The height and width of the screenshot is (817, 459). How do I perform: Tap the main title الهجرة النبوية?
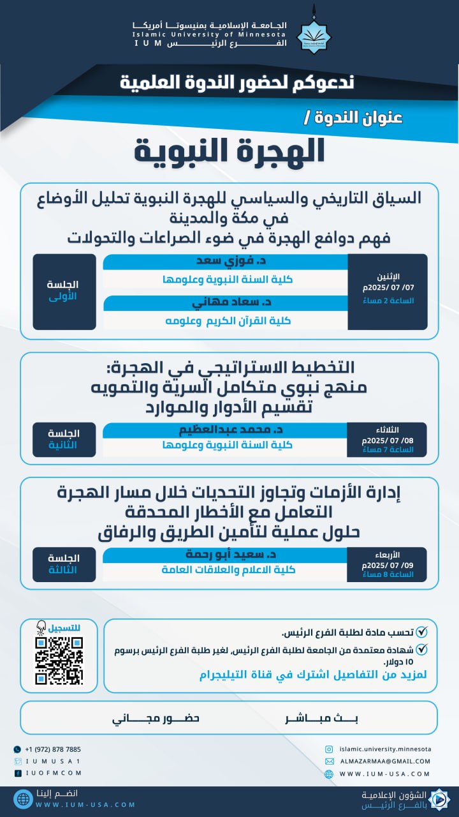229,151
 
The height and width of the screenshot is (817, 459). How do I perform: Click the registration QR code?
59,660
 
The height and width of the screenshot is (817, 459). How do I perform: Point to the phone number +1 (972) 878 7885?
53,749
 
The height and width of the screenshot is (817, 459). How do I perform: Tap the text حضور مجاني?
156,718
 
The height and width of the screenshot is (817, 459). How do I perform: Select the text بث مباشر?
322,718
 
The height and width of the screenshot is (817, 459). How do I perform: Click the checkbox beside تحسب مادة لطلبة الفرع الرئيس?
421,633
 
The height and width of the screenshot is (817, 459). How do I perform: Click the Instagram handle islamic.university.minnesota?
386,749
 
